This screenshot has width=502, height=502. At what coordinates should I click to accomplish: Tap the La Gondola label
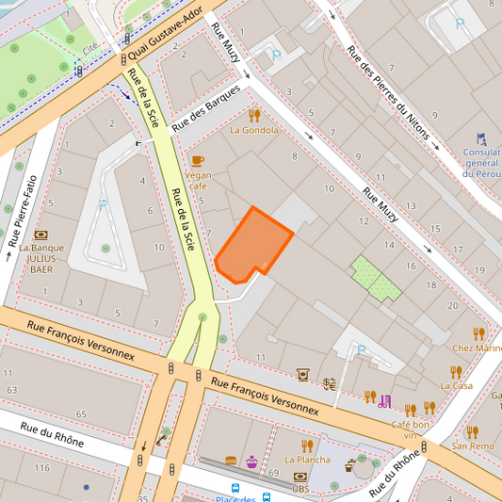254,130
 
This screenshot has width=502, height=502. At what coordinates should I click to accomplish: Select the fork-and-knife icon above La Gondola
254,115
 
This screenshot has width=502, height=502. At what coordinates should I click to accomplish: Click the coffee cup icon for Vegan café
197,160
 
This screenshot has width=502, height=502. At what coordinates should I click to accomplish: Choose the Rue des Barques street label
206,110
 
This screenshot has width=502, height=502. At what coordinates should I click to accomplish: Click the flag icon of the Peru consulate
481,138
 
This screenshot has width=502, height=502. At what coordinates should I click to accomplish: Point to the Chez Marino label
477,348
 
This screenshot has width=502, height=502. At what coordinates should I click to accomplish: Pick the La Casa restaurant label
456,385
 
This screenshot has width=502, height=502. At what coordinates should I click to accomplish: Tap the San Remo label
472,445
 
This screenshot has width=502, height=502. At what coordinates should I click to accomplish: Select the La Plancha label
307,460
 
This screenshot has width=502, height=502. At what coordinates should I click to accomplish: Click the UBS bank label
300,489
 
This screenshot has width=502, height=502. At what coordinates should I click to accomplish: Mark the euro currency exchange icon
330,383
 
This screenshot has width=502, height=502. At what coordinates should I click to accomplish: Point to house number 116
41,468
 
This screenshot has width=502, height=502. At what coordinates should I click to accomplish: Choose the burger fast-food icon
232,462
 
